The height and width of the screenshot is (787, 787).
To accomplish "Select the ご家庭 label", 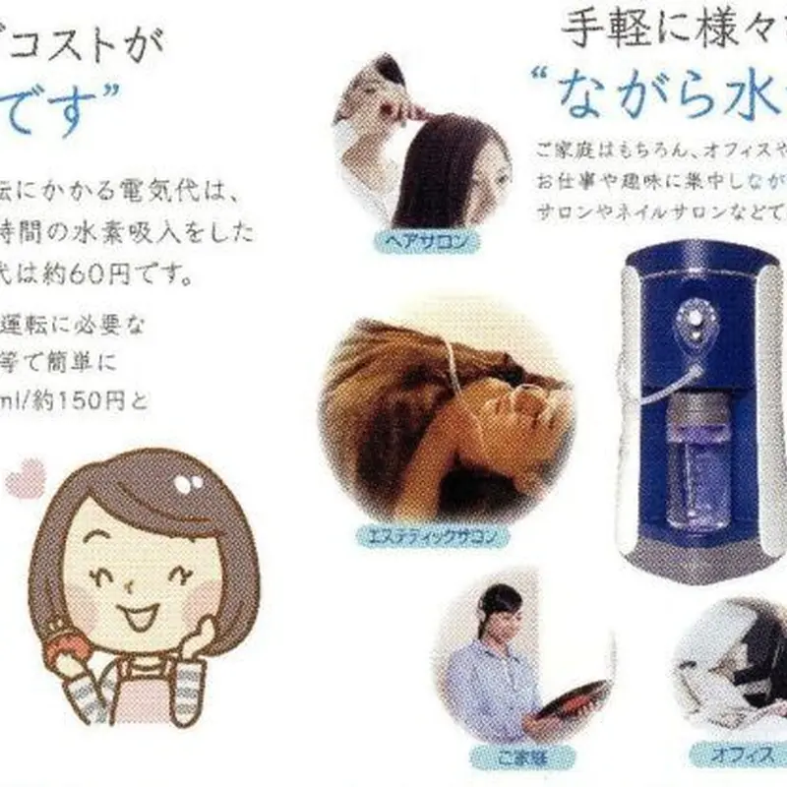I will click(515, 758).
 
